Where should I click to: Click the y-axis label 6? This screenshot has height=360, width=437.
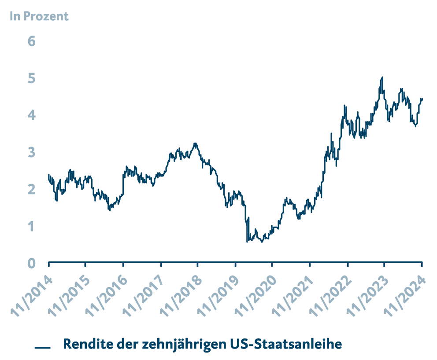[x=31, y=41]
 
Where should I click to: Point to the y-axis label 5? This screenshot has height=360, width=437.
[x=31, y=78]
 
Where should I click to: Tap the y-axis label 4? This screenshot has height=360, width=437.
[x=31, y=115]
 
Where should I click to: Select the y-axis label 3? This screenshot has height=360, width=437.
[x=31, y=152]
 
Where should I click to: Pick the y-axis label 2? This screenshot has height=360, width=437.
[x=31, y=190]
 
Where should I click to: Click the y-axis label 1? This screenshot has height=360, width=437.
[x=31, y=227]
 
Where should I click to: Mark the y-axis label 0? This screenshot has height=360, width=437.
[x=31, y=263]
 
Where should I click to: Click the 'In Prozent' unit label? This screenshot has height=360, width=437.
[x=39, y=17]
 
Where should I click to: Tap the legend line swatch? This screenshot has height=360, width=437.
[x=43, y=348]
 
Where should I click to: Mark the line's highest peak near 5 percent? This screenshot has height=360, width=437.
[x=382, y=77]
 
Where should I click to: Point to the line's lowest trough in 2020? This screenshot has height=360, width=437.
[x=247, y=242]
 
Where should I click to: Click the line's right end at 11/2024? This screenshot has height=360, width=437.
[x=422, y=99]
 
